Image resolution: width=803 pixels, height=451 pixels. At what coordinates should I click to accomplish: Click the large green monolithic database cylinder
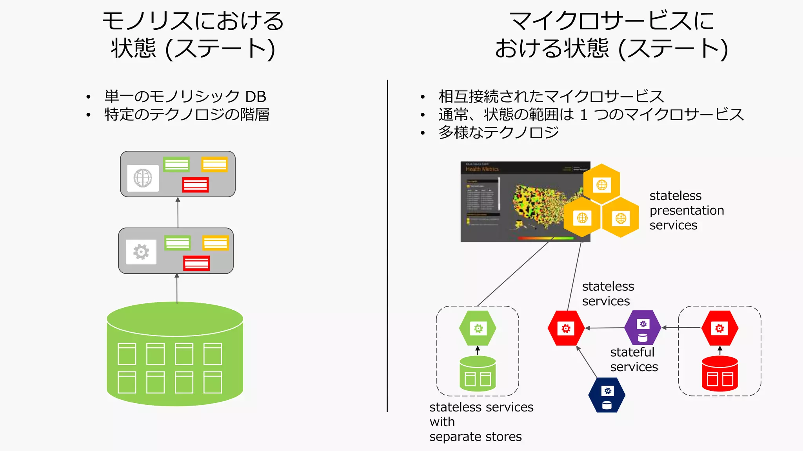point(175,354)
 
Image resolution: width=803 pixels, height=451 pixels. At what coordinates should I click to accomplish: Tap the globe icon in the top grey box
point(143,178)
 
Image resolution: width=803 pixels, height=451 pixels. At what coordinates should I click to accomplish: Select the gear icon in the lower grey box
point(141,252)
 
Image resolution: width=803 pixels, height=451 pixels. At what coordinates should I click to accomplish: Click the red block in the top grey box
point(195,185)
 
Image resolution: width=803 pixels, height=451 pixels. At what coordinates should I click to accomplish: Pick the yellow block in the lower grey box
point(215,243)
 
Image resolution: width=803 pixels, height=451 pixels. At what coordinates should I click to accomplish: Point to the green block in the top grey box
point(176,164)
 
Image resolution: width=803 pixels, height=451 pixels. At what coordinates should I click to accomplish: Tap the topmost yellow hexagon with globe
point(601,184)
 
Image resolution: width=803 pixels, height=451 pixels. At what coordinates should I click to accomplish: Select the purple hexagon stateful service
point(643,328)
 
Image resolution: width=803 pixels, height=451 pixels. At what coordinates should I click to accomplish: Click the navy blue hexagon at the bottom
point(607,395)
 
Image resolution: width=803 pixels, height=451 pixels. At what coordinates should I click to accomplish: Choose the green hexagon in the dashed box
point(478,328)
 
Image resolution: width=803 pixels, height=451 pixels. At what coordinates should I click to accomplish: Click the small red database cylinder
point(719,374)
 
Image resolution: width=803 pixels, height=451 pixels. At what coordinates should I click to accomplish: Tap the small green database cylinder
point(478,374)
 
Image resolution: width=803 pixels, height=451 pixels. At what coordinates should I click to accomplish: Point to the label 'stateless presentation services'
point(686,210)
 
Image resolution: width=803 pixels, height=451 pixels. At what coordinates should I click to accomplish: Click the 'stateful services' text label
point(634,359)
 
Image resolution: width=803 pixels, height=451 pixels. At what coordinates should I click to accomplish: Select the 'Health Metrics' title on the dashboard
point(482,169)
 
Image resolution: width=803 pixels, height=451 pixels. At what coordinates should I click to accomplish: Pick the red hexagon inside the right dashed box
point(719,328)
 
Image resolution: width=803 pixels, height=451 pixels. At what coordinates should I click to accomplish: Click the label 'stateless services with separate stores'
point(481,422)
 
